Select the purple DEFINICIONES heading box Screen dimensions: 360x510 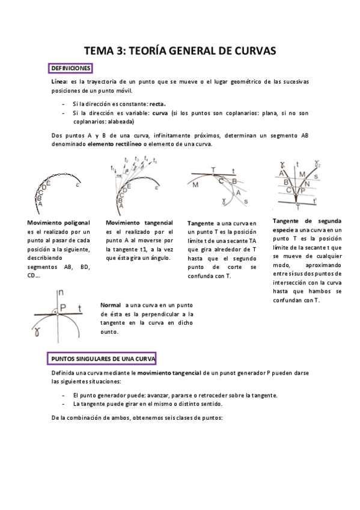[x=70, y=68]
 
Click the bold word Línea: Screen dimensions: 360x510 [x=60, y=81]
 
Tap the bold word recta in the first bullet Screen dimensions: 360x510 [x=157, y=103]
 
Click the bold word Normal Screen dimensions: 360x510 [x=111, y=305]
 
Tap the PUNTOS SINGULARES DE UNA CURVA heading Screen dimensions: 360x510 [x=102, y=358]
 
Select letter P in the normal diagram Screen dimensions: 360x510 [x=63, y=307]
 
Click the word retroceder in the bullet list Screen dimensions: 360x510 [x=205, y=395]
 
